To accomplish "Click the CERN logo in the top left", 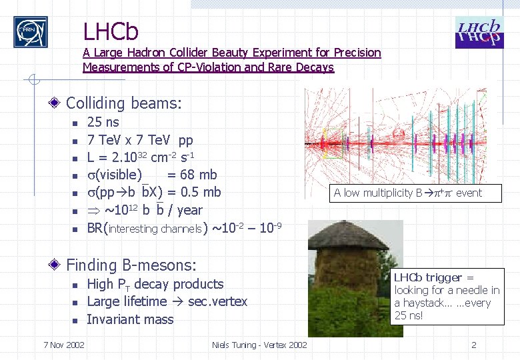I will click(31, 31).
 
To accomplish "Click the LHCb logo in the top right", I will click(479, 33).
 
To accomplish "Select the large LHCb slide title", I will click(111, 31).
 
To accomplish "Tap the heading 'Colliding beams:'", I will click(123, 103).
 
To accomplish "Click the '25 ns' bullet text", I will click(103, 122).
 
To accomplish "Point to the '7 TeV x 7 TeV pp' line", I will click(140, 140).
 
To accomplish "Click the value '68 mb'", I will click(198, 175).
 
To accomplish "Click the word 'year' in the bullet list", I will click(189, 210).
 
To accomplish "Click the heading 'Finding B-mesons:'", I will click(131, 265).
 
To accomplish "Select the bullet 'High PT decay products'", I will click(155, 284).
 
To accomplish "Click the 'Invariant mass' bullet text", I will click(130, 319).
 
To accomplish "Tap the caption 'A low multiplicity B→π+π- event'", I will click(407, 193).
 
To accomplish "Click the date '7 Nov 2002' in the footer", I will click(63, 345).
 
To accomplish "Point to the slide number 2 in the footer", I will click(473, 345).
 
